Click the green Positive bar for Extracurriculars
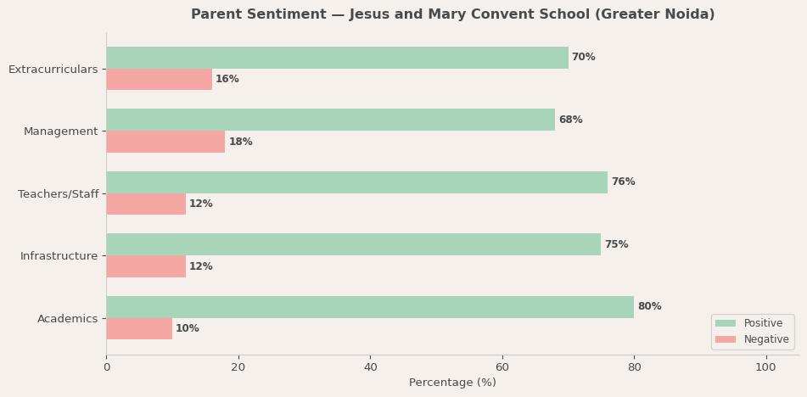point(337,58)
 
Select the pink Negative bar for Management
point(165,142)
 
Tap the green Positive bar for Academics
point(370,307)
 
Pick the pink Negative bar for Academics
point(139,329)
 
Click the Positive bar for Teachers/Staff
point(356,182)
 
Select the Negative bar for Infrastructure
point(146,266)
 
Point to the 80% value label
point(649,307)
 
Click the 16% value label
point(227,80)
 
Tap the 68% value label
point(570,120)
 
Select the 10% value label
point(188,329)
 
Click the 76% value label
point(623,182)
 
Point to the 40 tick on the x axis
point(370,367)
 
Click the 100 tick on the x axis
point(765,367)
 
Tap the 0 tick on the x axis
point(106,367)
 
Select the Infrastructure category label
point(59,256)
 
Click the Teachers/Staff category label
point(58,194)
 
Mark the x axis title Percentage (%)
point(452,383)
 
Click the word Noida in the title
point(688,14)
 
